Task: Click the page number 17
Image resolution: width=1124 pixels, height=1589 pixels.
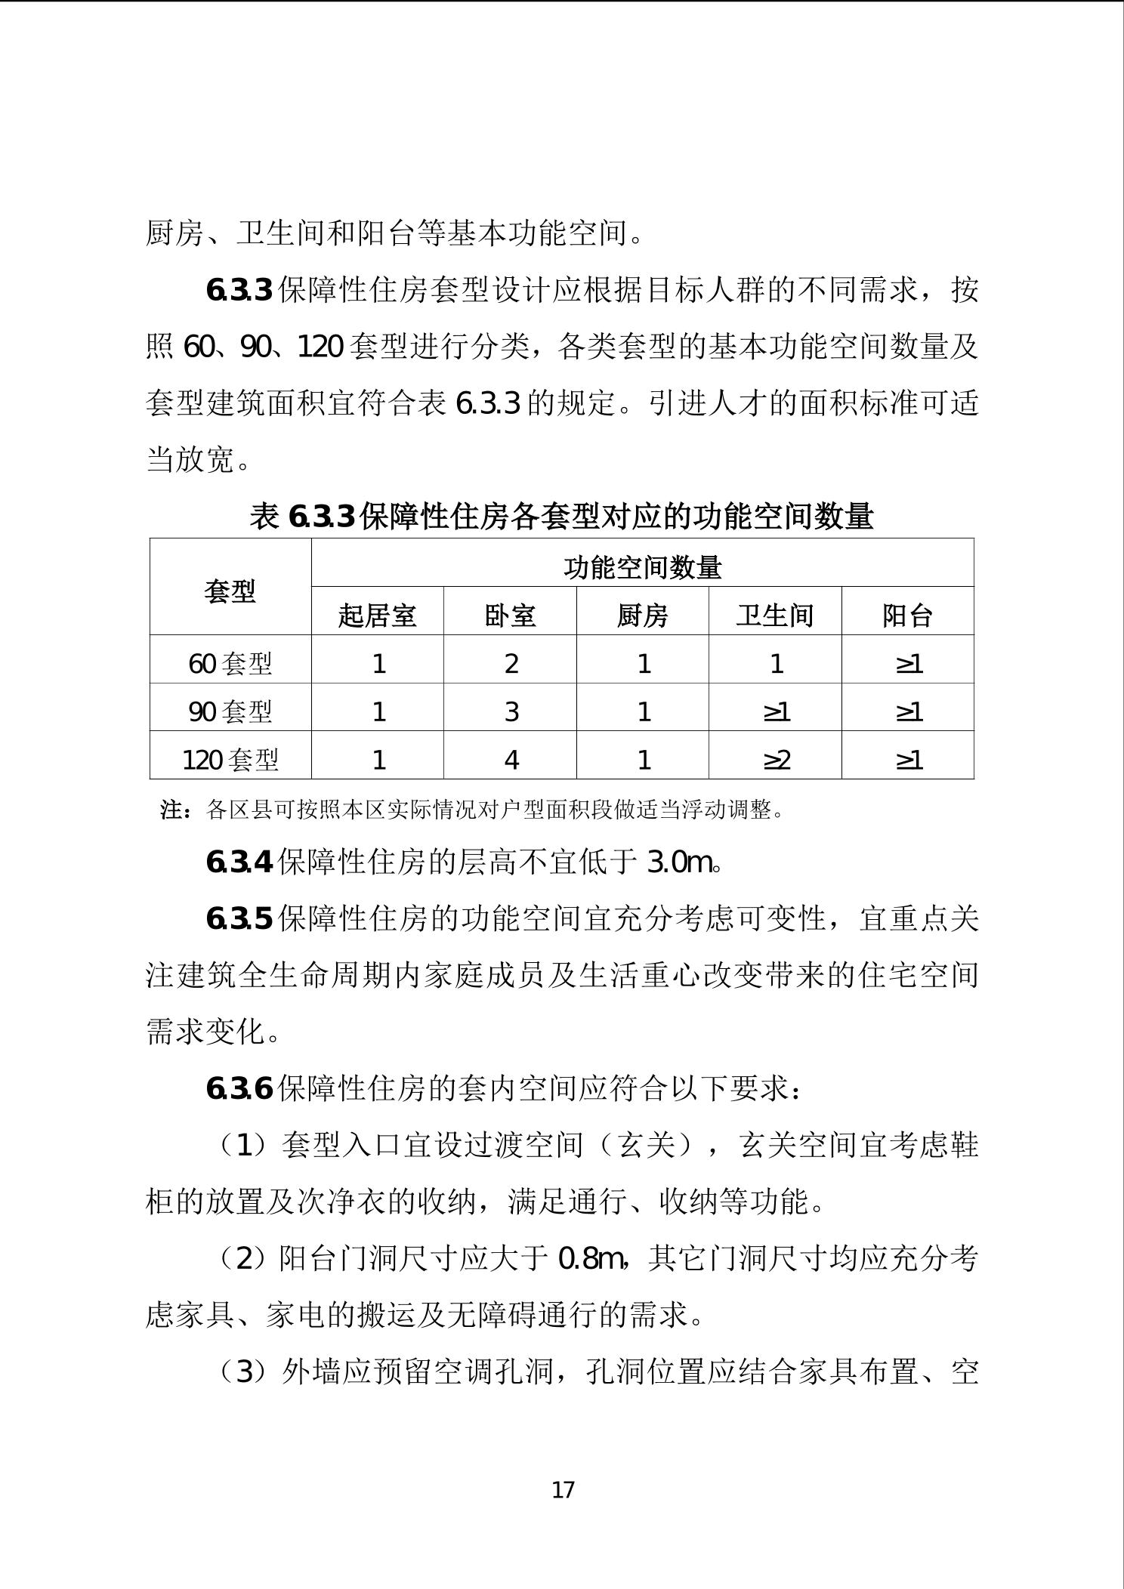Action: [564, 1489]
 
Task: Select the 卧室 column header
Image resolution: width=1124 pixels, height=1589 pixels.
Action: [510, 615]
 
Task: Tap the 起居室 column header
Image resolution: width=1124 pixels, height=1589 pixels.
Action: [377, 615]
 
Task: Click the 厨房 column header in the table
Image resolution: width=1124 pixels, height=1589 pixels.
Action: [642, 615]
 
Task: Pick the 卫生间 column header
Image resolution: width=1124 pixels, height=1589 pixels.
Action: [775, 615]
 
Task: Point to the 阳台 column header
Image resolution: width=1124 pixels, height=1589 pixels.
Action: [907, 615]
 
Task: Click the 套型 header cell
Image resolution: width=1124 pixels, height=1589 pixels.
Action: [230, 591]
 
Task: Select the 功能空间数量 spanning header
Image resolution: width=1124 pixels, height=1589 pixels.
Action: [642, 566]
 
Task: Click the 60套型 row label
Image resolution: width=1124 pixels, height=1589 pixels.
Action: [230, 663]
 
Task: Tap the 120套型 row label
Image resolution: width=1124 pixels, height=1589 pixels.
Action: [230, 758]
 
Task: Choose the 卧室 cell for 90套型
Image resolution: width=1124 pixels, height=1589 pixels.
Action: [511, 711]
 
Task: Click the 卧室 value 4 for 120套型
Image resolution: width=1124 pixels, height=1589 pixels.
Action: [511, 758]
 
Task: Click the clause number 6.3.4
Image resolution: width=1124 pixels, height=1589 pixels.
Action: [239, 862]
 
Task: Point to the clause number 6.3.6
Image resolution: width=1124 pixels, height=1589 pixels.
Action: [239, 1088]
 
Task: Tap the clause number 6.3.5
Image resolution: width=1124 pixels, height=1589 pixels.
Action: [239, 918]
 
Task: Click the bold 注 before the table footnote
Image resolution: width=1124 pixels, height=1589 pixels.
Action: [172, 810]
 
